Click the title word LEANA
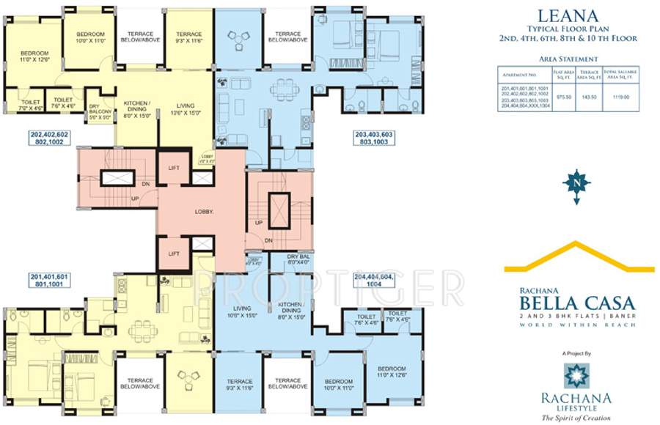click(567, 14)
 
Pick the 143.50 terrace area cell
click(587, 95)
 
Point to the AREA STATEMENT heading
click(568, 59)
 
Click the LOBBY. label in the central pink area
click(204, 211)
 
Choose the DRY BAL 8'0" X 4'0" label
click(283, 259)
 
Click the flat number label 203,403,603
click(373, 139)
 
